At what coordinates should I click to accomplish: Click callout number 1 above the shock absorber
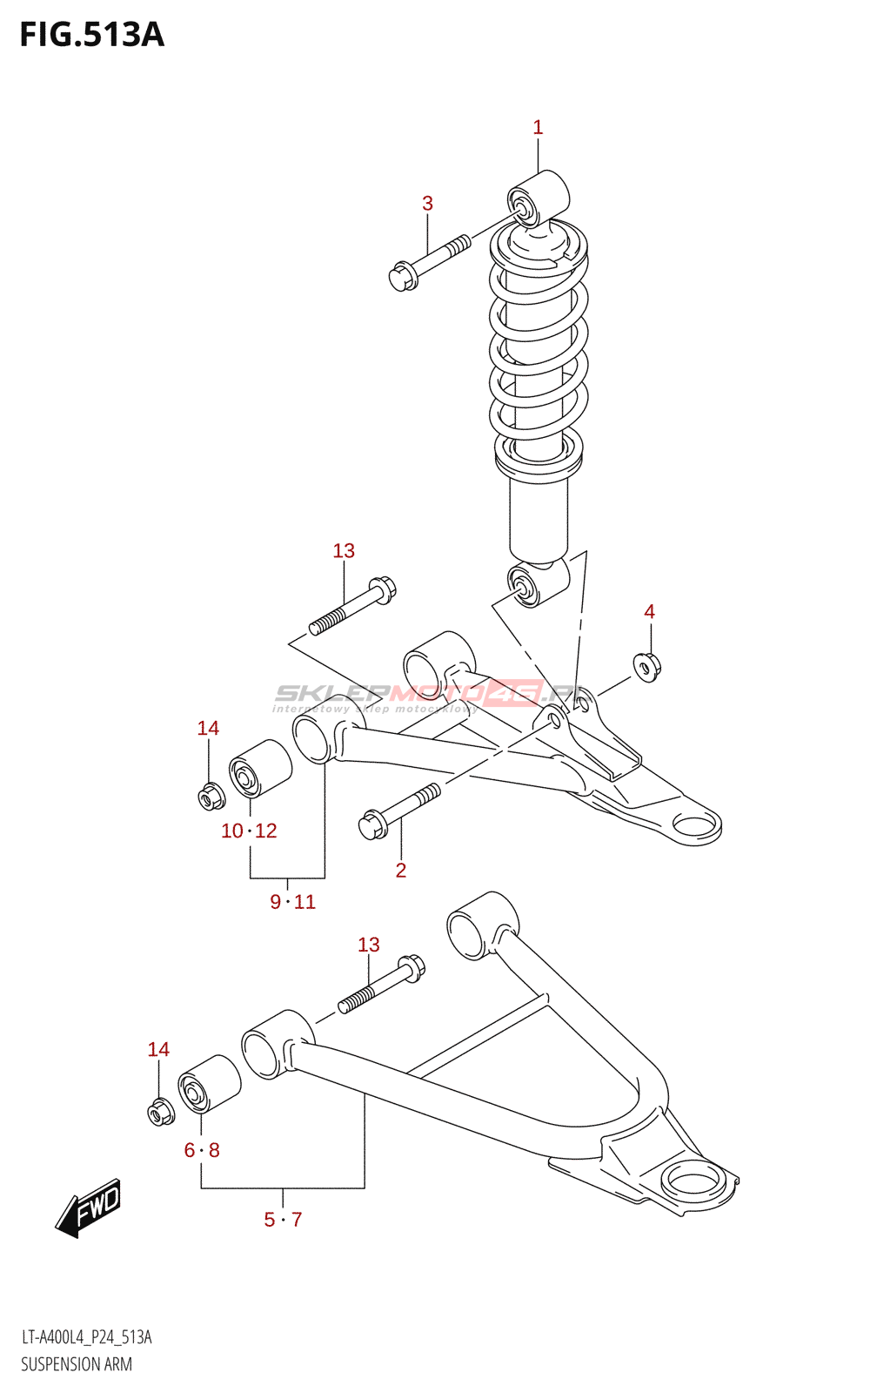tap(538, 128)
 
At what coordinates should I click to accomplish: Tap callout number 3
tap(427, 204)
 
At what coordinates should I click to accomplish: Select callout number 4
tap(649, 612)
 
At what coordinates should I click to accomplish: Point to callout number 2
tap(401, 870)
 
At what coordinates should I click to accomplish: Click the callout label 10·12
tap(249, 831)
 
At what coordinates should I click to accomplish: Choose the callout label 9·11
tap(292, 902)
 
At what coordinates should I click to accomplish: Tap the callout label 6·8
tap(202, 1150)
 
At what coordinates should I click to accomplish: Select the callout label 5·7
tap(283, 1220)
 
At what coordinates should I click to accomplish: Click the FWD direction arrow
tap(89, 1208)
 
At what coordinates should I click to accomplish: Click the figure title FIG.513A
tap(92, 35)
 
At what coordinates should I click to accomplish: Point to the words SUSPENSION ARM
tap(77, 1364)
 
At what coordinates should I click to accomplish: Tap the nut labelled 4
tap(647, 667)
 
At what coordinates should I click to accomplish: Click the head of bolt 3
tap(402, 277)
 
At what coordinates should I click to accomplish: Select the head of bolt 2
tap(372, 824)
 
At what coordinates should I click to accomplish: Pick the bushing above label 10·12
tap(259, 767)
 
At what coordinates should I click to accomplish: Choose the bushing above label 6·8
tap(209, 1084)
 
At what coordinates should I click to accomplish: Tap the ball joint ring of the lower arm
tap(693, 1182)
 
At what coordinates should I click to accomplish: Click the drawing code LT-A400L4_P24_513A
tap(86, 1337)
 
